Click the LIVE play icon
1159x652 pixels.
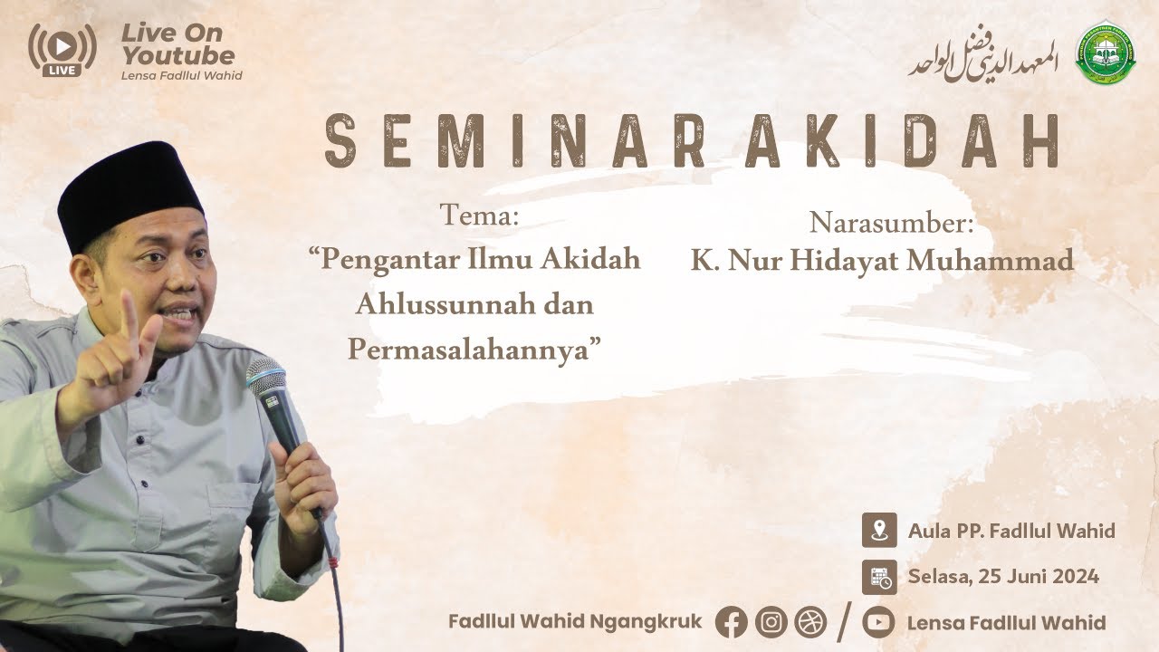point(62,47)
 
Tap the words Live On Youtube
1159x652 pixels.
point(177,44)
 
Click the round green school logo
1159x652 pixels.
point(1105,53)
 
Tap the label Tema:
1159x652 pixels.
point(481,216)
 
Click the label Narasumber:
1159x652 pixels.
point(891,222)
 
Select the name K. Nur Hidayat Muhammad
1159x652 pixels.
point(882,261)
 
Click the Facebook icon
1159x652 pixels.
point(731,622)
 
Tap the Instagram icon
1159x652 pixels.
point(771,622)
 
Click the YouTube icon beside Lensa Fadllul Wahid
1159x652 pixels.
point(878,622)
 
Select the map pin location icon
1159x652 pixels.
point(878,531)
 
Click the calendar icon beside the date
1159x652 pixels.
point(878,577)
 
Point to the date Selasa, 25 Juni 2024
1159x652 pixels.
point(1003,577)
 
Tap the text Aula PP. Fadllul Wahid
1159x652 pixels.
point(1011,531)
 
